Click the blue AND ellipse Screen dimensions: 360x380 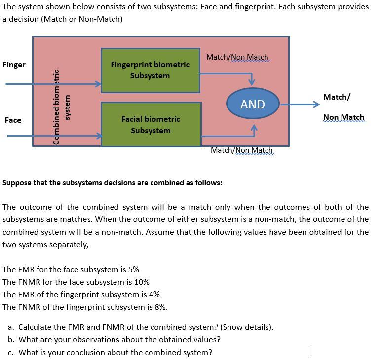click(253, 104)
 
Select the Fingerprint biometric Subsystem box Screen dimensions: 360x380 click(150, 70)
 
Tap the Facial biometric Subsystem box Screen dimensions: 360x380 click(151, 124)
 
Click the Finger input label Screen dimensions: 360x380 click(14, 65)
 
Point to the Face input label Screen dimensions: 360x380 click(13, 120)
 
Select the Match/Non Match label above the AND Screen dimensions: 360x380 click(237, 57)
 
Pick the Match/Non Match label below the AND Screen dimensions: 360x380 click(241, 150)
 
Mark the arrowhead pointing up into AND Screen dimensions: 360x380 click(254, 128)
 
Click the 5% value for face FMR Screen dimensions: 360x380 click(133, 270)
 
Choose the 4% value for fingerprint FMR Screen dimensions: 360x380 click(154, 295)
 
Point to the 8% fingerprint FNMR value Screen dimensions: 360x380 click(161, 307)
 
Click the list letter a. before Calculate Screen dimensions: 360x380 click(11, 327)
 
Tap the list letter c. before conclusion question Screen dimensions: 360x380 click(11, 352)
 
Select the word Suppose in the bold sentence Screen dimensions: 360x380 click(17, 183)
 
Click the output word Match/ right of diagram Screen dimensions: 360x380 click(337, 97)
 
